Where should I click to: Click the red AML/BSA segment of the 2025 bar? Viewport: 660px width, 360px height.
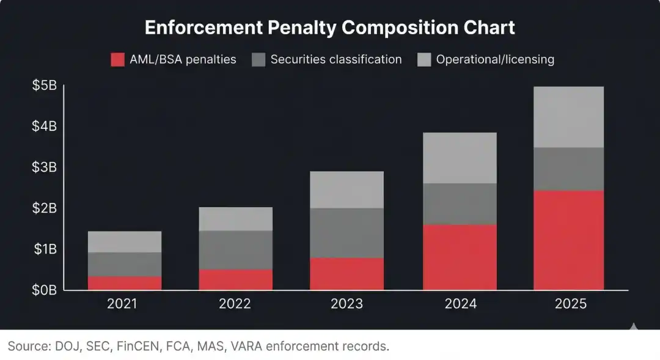[x=568, y=240]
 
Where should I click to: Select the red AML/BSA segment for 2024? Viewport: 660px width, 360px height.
[x=460, y=257]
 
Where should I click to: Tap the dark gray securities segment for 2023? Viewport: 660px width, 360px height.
[x=347, y=233]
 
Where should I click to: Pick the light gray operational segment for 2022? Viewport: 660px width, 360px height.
[x=236, y=219]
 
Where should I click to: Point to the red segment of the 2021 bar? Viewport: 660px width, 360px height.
[x=125, y=283]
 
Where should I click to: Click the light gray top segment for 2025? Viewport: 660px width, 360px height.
[x=568, y=117]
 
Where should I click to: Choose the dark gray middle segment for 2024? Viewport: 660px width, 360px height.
[x=460, y=204]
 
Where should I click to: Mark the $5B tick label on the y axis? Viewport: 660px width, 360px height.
[x=45, y=86]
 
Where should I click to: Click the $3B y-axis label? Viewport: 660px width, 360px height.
[x=45, y=167]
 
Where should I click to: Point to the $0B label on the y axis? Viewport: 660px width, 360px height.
[x=45, y=290]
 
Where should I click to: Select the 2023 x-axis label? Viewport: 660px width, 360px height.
[x=347, y=304]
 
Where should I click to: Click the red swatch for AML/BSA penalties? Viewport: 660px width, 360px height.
[x=118, y=60]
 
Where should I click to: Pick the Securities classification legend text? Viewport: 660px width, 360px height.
[x=336, y=60]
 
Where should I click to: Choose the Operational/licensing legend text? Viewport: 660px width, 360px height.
[x=495, y=60]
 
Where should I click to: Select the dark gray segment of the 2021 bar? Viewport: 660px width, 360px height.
[x=125, y=265]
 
